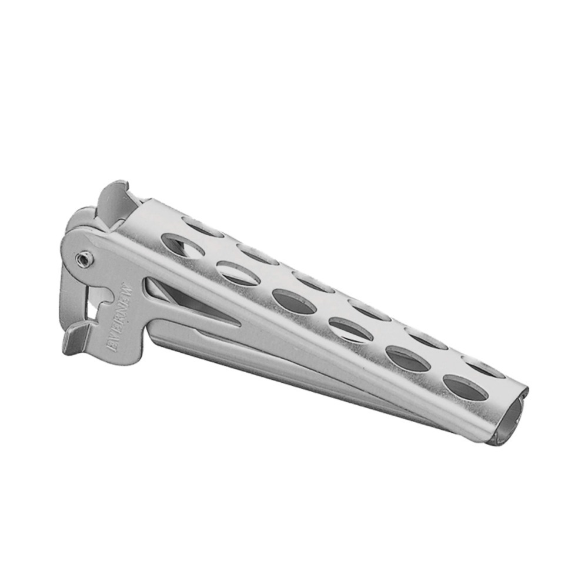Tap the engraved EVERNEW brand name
pyautogui.click(x=123, y=318)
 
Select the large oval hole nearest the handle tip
pyautogui.click(x=465, y=387)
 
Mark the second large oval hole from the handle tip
pyautogui.click(x=407, y=359)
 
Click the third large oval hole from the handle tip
pyautogui.click(x=350, y=329)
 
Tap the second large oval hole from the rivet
pyautogui.click(x=238, y=273)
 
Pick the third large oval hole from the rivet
pyautogui.click(x=294, y=300)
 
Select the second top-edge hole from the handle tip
pyautogui.click(x=426, y=338)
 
